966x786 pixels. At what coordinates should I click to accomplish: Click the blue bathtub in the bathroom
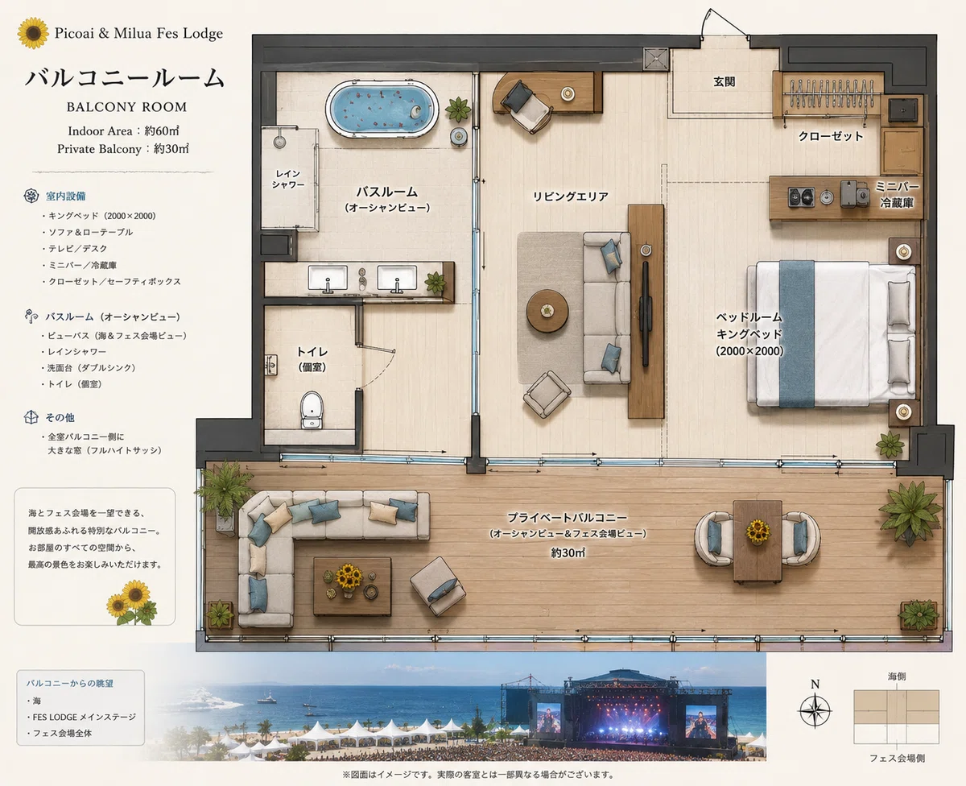pos(382,109)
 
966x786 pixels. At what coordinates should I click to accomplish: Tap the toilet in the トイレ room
pos(312,410)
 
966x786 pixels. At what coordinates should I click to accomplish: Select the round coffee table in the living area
pos(547,311)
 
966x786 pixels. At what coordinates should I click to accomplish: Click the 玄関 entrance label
pos(724,81)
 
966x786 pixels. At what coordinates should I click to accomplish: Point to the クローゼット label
pos(831,136)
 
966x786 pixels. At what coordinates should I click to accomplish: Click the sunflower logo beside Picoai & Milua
pos(33,33)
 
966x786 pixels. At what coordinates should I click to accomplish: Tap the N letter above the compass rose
pos(815,685)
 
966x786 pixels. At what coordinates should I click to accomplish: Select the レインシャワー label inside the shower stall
pos(288,179)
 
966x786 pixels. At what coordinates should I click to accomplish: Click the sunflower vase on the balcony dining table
pos(758,531)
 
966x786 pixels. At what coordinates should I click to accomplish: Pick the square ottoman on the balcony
pos(438,586)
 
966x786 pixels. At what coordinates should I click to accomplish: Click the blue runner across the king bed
pos(797,333)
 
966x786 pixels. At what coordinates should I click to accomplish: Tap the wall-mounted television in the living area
pos(645,313)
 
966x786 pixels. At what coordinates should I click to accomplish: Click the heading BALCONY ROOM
pos(126,107)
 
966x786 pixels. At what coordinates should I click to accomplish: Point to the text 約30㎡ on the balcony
pos(568,552)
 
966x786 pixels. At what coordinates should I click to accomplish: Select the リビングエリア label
pos(570,196)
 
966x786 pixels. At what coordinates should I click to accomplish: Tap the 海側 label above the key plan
pos(897,676)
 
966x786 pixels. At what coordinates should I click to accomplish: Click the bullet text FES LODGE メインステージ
pos(85,717)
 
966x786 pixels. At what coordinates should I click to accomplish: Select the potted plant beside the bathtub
pos(457,110)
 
